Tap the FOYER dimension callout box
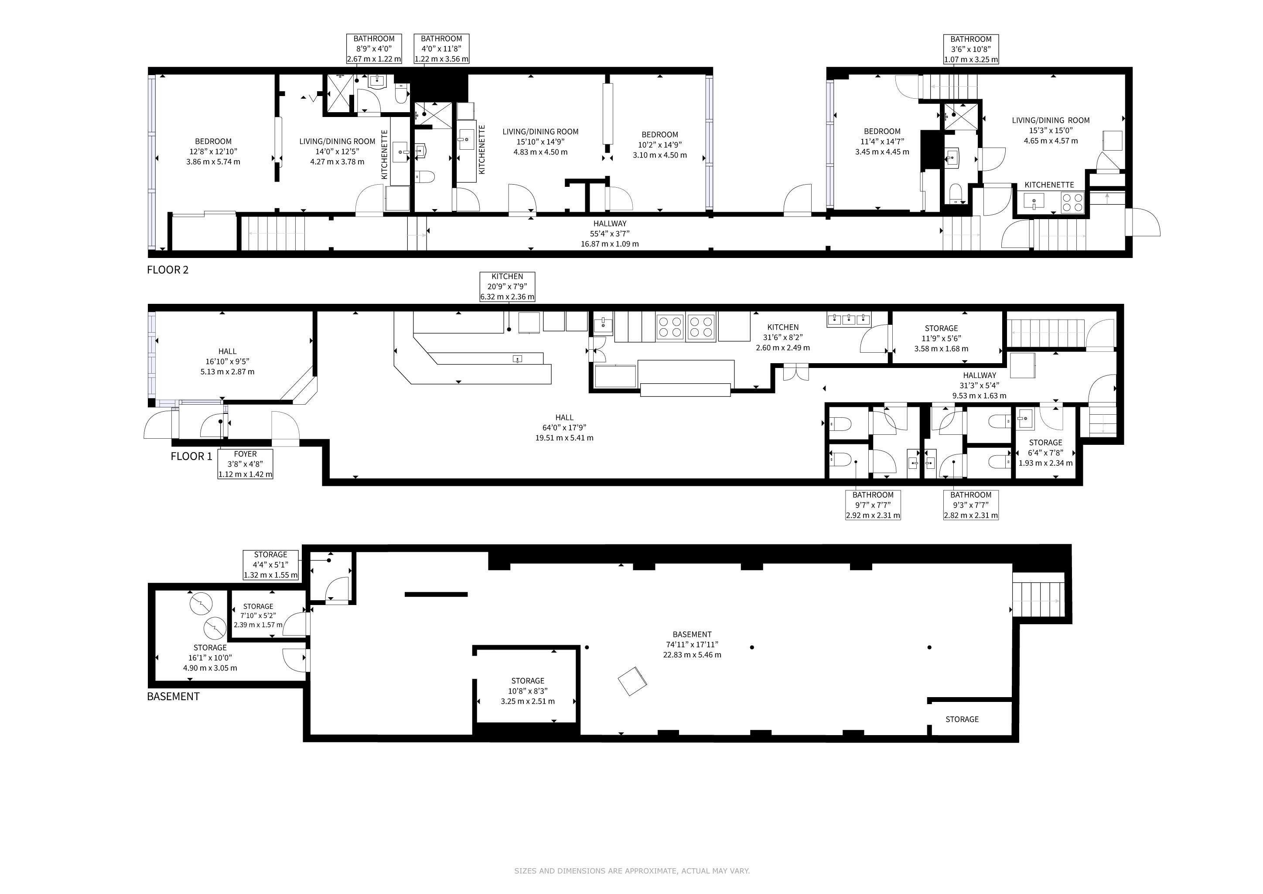click(x=246, y=464)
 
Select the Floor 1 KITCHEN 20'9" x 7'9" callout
click(x=507, y=286)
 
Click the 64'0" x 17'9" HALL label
click(x=564, y=428)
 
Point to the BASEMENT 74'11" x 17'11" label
click(x=692, y=645)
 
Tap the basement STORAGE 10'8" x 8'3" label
click(x=528, y=691)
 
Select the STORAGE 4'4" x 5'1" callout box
click(x=271, y=565)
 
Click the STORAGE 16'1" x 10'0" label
click(x=210, y=658)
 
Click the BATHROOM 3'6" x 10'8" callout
click(x=971, y=49)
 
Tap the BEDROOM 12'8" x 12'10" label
click(x=213, y=151)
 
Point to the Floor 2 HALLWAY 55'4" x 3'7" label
click(x=610, y=234)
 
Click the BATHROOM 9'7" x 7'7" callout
click(x=873, y=505)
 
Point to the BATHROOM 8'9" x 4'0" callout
click(x=374, y=48)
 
